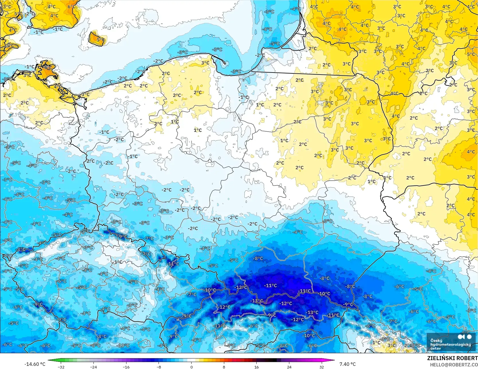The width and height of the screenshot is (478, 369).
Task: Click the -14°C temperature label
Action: click(173, 264)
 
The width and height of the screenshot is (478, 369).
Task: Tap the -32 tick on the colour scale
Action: click(61, 367)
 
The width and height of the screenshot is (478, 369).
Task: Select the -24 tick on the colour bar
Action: click(93, 367)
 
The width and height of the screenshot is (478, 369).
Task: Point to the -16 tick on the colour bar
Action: click(126, 367)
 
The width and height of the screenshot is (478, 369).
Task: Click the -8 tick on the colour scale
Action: click(159, 367)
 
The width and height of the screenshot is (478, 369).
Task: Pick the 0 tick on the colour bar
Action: click(191, 367)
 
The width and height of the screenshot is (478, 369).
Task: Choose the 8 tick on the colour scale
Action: click(224, 367)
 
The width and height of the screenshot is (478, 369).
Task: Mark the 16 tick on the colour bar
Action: click(256, 367)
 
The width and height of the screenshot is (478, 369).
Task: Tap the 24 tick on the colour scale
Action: click(289, 367)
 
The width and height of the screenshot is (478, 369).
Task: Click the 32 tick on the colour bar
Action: click(322, 367)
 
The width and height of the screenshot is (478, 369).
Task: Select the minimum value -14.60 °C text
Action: click(35, 364)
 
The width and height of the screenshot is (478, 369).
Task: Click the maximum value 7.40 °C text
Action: click(348, 364)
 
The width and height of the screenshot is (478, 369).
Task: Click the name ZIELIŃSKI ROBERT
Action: click(452, 358)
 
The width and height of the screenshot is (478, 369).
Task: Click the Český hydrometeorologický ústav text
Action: click(447, 344)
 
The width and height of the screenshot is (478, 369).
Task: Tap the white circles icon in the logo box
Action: click(465, 337)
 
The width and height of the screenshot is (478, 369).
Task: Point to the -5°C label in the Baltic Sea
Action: click(275, 44)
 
